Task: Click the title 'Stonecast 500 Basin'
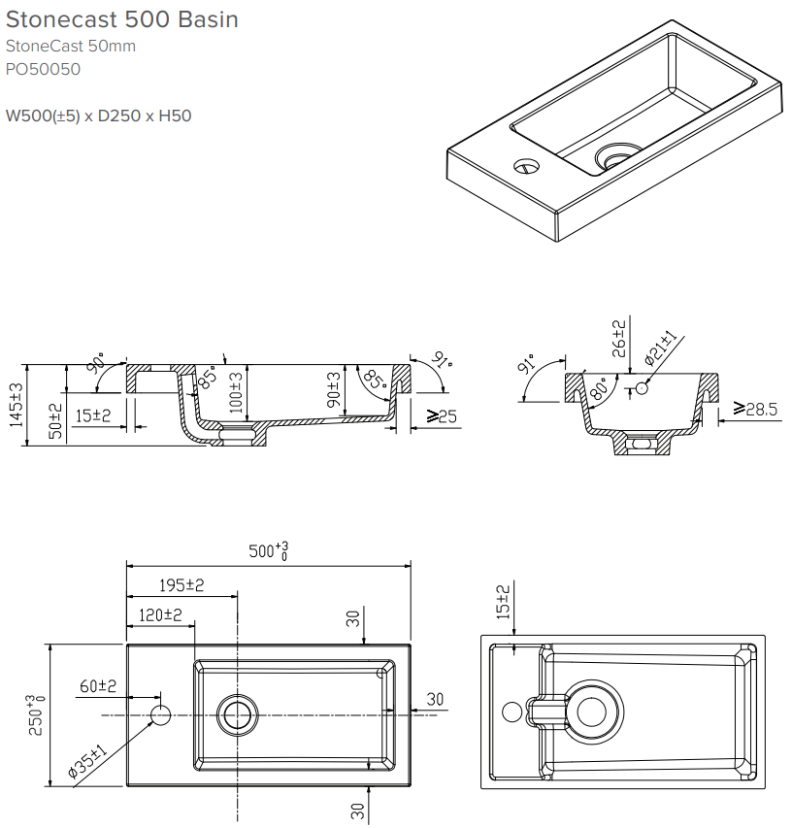[x=122, y=19]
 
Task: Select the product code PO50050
[x=43, y=69]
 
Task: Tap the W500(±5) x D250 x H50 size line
[x=99, y=116]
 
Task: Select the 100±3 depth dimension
[x=235, y=390]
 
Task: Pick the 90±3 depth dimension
[x=333, y=390]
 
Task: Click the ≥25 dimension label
[x=442, y=416]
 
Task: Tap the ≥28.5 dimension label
[x=756, y=410]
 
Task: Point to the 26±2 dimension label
[x=618, y=339]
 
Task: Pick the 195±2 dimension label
[x=181, y=585]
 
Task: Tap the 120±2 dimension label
[x=159, y=614]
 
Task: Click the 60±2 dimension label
[x=98, y=686]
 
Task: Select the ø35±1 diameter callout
[x=86, y=762]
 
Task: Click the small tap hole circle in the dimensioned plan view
[x=161, y=715]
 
